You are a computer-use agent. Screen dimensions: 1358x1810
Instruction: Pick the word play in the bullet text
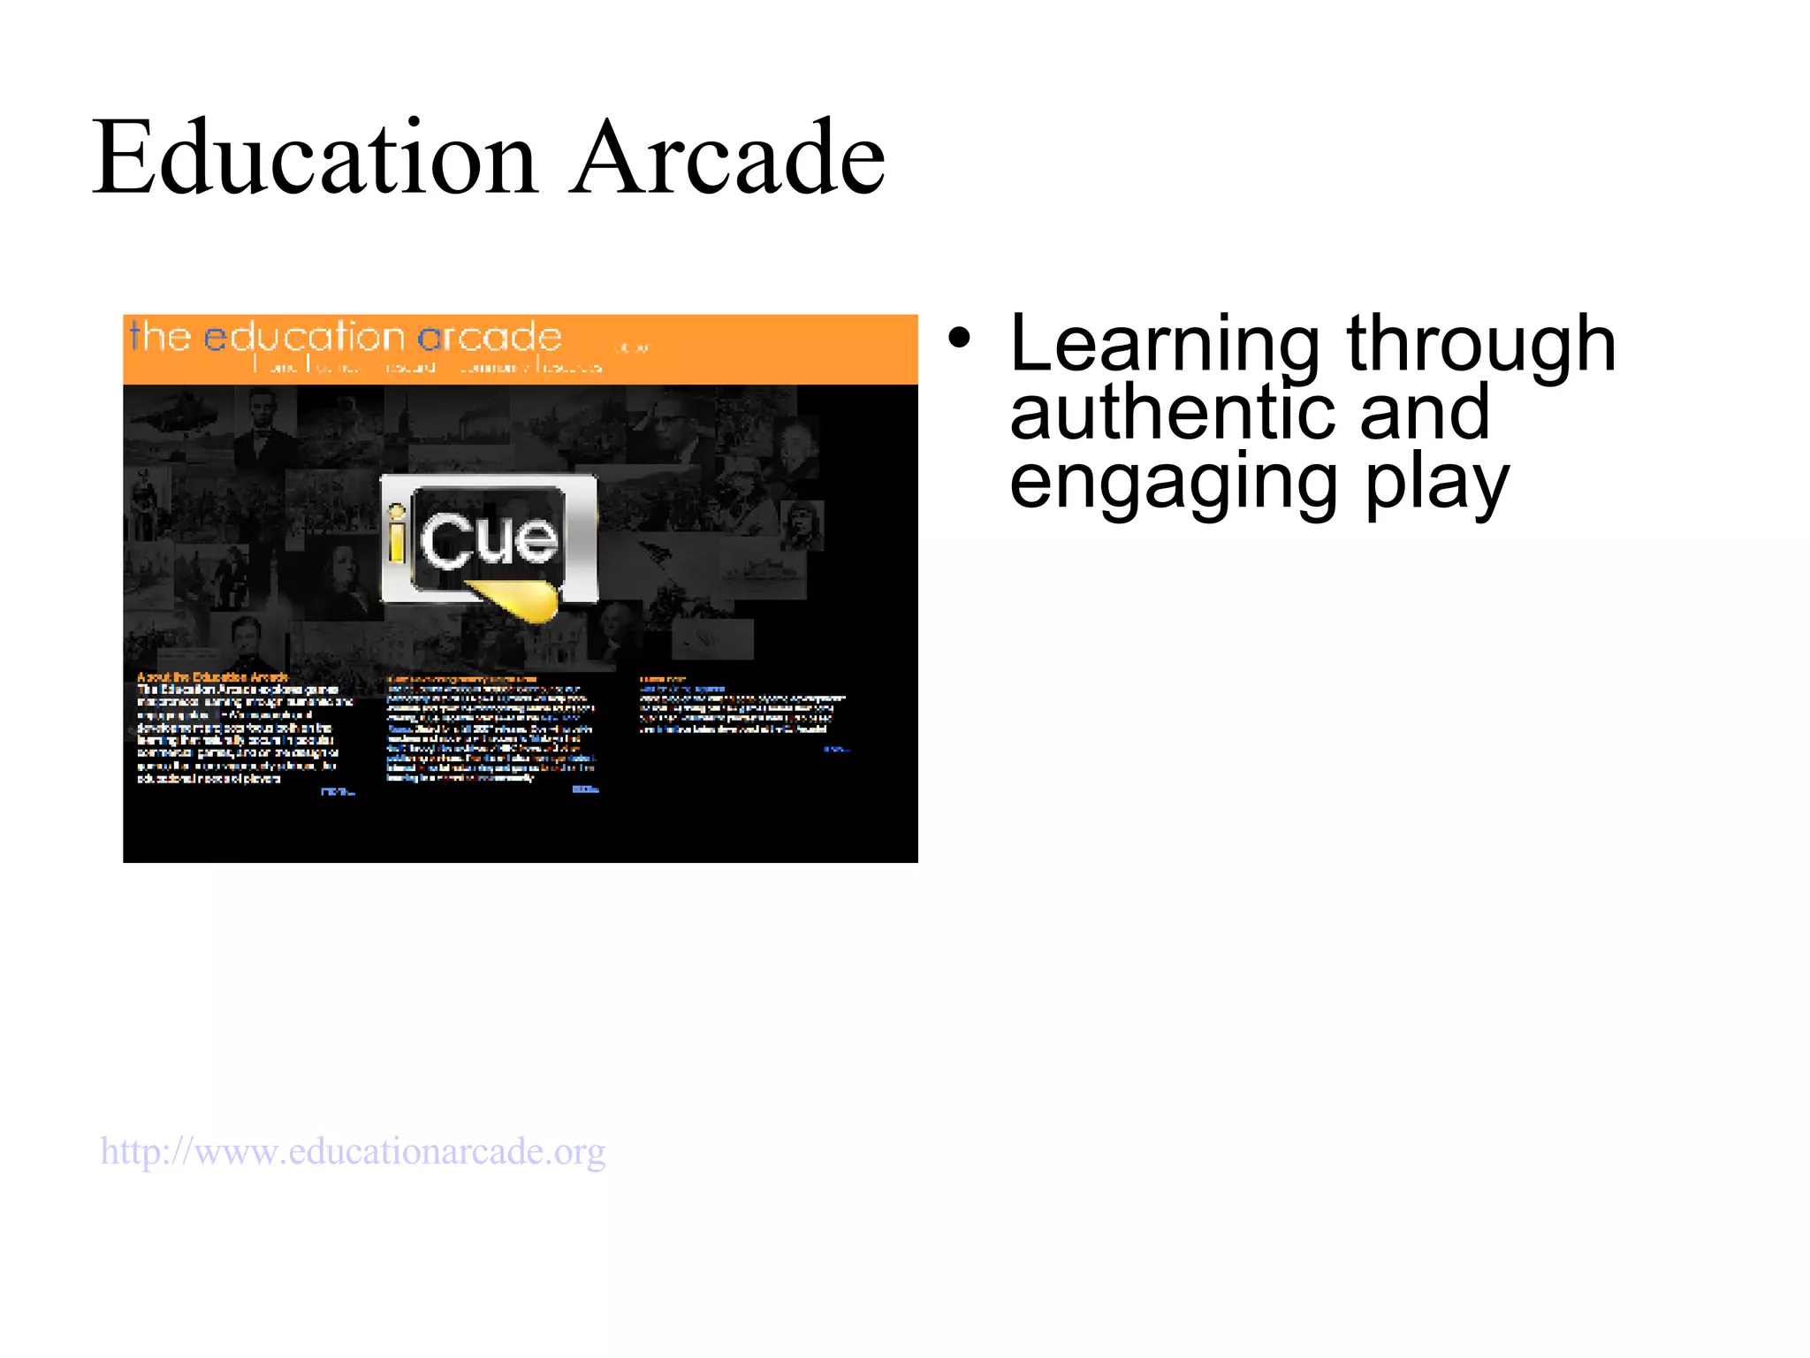(1436, 484)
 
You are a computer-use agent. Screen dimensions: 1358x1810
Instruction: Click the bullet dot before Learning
(960, 339)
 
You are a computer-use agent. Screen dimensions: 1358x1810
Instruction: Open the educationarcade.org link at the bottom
(353, 1152)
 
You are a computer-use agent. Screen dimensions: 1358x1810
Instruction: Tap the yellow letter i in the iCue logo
(397, 534)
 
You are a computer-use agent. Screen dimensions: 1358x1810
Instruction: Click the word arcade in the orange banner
(490, 337)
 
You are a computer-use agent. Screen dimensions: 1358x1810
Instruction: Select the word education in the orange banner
(304, 337)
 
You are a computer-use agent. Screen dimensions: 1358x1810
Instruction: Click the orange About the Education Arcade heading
(212, 677)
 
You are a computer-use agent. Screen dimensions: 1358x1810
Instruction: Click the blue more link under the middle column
(585, 790)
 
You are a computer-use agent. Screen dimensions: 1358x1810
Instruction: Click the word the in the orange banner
(160, 337)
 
